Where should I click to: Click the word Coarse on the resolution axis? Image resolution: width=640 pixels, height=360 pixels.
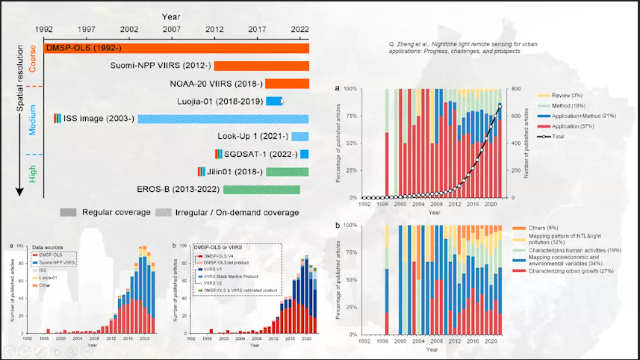[x=32, y=58]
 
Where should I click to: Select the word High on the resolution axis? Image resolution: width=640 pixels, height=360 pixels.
[x=32, y=174]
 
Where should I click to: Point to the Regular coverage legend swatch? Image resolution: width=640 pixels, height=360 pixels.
[x=70, y=212]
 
